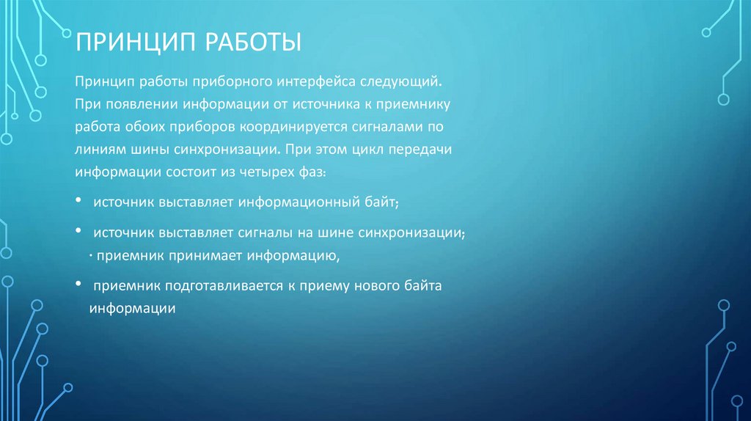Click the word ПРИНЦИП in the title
click(136, 42)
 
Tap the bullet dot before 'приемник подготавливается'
click(78, 283)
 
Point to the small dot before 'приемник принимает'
click(90, 257)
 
